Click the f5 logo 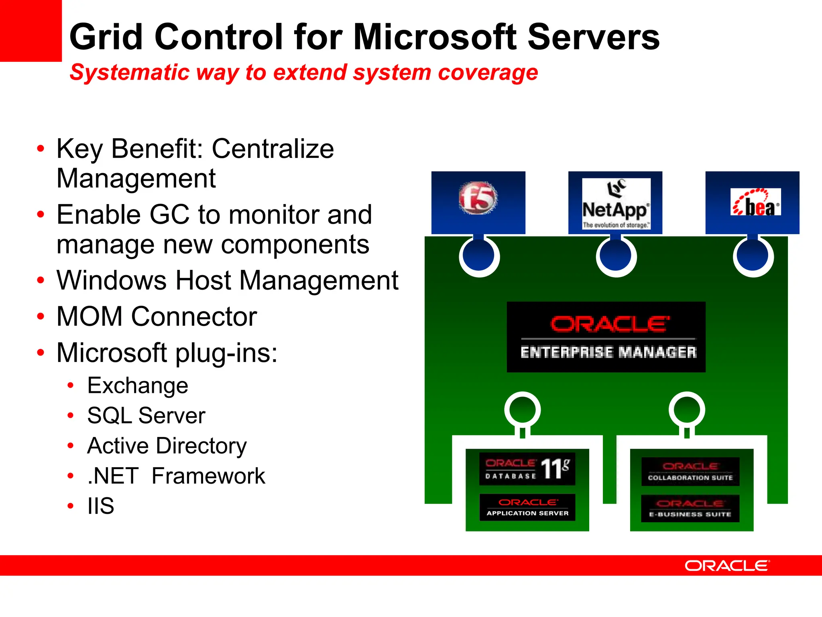pos(478,198)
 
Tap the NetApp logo pos(616,204)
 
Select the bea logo pos(755,202)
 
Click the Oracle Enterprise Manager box pos(606,337)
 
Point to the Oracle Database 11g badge pos(527,469)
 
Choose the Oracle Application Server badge pos(527,507)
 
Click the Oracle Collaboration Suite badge pos(690,472)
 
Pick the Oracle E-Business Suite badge pos(690,509)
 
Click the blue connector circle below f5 pos(479,256)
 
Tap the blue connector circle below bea pos(753,256)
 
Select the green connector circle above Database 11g pos(522,410)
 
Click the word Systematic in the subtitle pos(129,73)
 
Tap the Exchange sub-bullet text pos(138,386)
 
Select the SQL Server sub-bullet pos(146,416)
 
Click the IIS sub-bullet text pos(101,506)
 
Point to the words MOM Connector pos(157,317)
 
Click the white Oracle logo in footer pos(727,566)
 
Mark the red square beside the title pos(31,31)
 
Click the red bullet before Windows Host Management pos(41,280)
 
